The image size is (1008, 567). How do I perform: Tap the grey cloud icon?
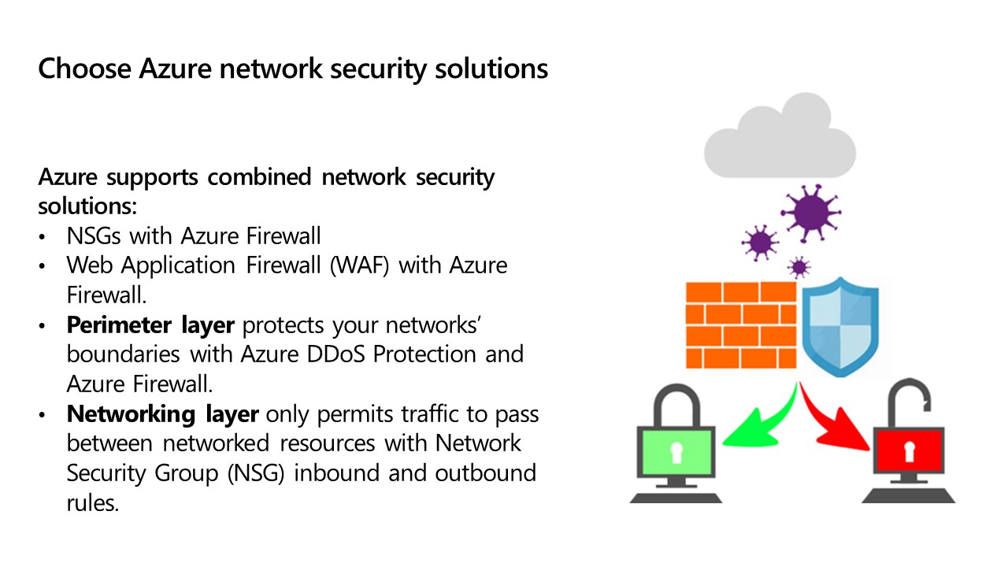click(779, 139)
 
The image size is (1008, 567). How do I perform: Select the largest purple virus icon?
click(810, 212)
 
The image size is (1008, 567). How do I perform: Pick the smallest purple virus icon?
click(799, 268)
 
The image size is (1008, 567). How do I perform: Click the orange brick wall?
click(740, 324)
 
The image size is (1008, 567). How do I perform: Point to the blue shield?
click(839, 328)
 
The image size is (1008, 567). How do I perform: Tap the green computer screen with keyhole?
click(674, 452)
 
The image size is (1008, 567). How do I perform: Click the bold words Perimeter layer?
click(150, 324)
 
